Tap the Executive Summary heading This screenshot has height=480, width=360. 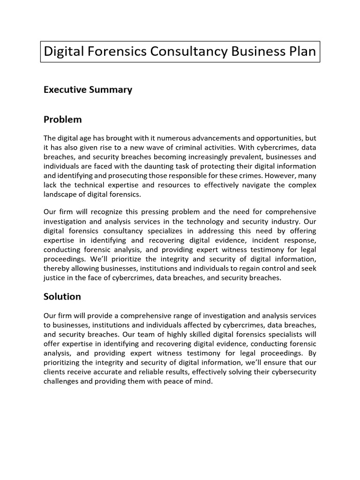click(x=88, y=90)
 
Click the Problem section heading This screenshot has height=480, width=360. click(x=62, y=120)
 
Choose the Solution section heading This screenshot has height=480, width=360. click(x=62, y=297)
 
